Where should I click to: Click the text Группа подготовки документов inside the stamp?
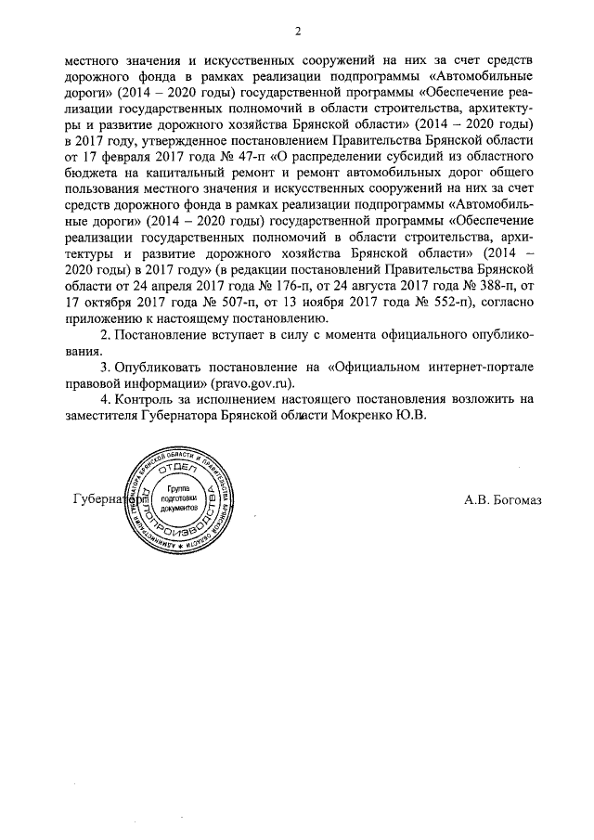coord(179,499)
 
